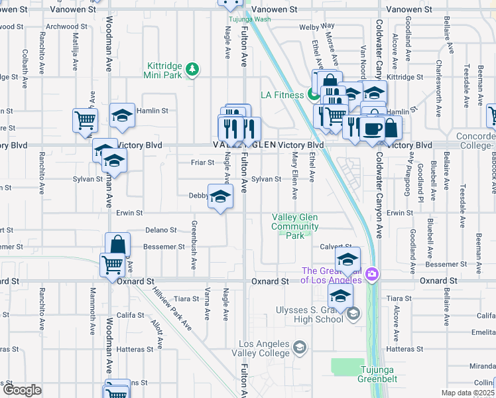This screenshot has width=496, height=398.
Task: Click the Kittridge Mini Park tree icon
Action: pyautogui.click(x=192, y=69)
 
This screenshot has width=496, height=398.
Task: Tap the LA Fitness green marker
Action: pyautogui.click(x=311, y=95)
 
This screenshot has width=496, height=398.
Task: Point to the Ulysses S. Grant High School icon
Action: pyautogui.click(x=353, y=314)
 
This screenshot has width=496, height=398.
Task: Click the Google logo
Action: pyautogui.click(x=21, y=390)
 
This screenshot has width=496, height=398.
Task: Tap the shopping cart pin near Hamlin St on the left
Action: pyautogui.click(x=85, y=120)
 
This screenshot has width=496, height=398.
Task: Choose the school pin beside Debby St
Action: pyautogui.click(x=221, y=196)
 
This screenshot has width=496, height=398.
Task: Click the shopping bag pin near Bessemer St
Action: pyautogui.click(x=117, y=245)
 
